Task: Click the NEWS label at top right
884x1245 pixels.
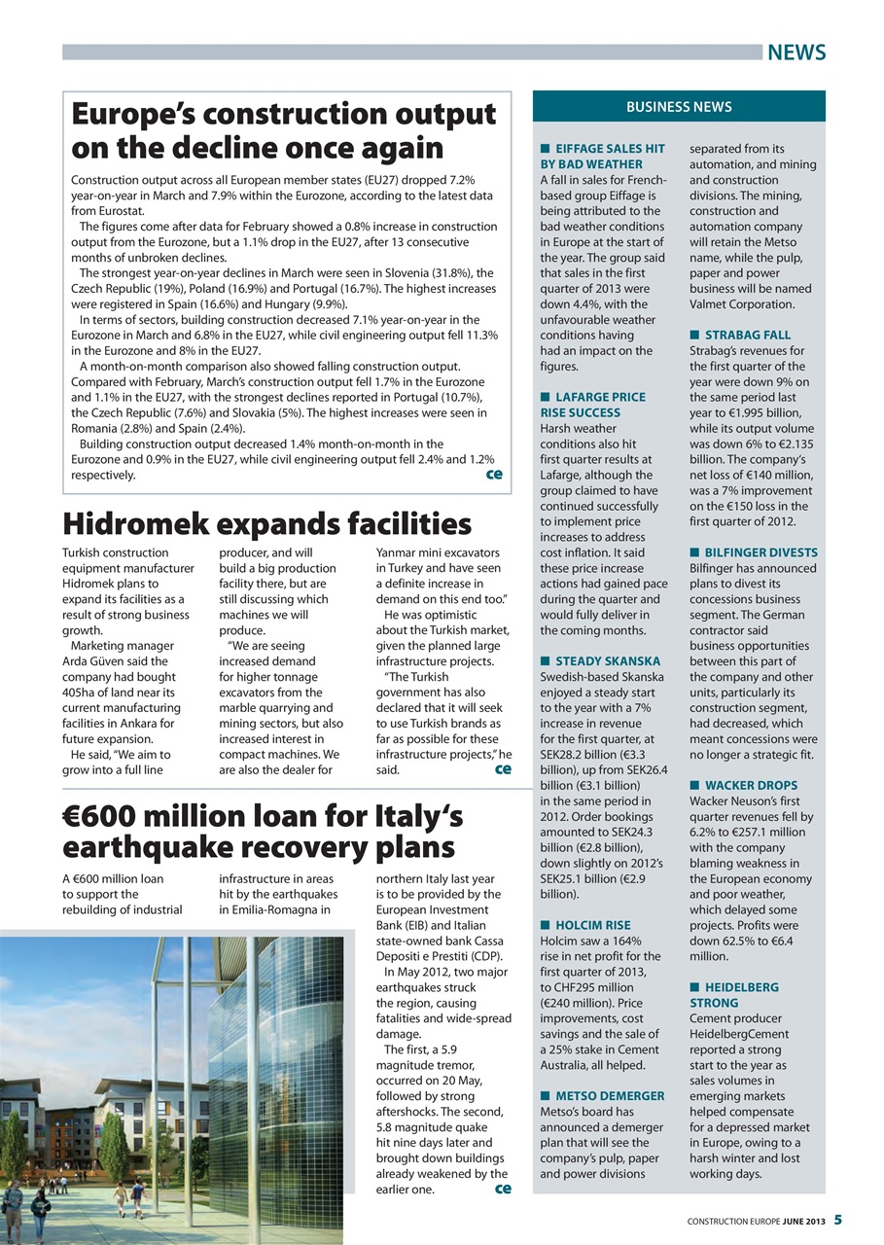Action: [796, 53]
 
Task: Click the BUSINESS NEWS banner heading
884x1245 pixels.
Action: [679, 106]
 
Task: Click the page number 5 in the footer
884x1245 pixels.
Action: [837, 1220]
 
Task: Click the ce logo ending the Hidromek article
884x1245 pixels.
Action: [503, 768]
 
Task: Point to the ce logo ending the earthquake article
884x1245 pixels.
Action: [503, 1188]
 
